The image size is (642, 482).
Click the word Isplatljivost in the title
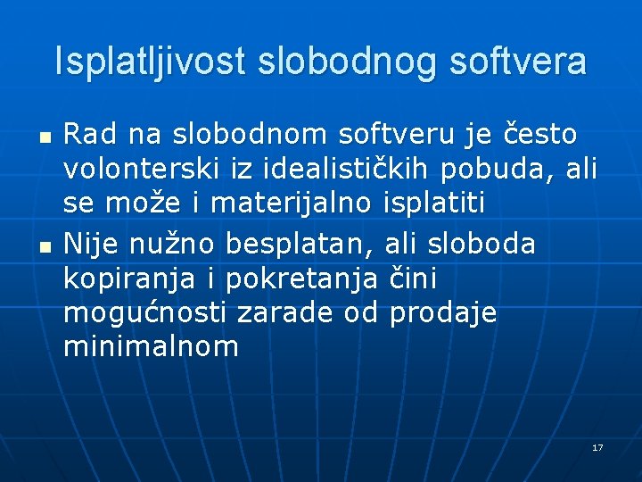(x=152, y=62)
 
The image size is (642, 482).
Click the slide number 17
(x=597, y=447)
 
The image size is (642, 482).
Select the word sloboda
(x=481, y=243)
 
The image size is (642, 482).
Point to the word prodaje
(x=442, y=313)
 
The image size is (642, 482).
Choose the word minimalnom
(x=151, y=346)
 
